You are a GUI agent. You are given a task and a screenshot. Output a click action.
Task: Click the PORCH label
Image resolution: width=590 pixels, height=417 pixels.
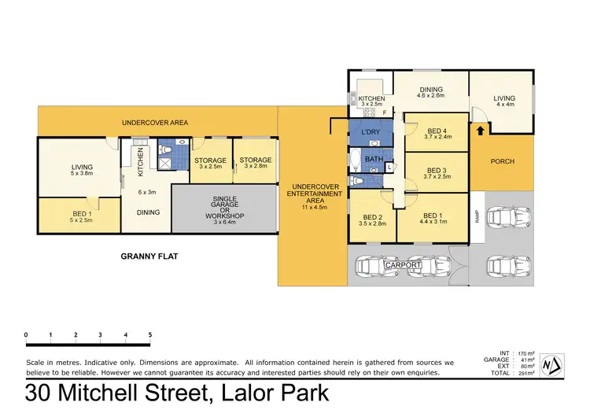pyautogui.click(x=502, y=161)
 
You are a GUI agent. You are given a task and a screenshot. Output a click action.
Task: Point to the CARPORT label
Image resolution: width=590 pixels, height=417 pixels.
pyautogui.click(x=404, y=265)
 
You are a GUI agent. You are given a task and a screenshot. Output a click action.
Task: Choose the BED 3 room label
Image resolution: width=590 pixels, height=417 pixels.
pyautogui.click(x=436, y=170)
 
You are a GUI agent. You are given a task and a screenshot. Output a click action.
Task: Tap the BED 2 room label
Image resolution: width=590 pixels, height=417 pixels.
pyautogui.click(x=373, y=217)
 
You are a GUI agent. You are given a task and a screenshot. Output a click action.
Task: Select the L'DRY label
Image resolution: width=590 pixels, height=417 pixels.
pyautogui.click(x=370, y=132)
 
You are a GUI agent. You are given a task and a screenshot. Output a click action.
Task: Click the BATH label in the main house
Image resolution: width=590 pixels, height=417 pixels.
pyautogui.click(x=373, y=160)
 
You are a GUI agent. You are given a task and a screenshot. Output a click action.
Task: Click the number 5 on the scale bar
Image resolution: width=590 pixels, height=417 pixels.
pyautogui.click(x=149, y=335)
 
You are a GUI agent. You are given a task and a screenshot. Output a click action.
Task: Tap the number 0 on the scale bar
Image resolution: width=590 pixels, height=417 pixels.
pyautogui.click(x=26, y=335)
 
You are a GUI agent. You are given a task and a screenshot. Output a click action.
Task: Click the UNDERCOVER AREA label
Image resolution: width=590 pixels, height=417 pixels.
pyautogui.click(x=154, y=123)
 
